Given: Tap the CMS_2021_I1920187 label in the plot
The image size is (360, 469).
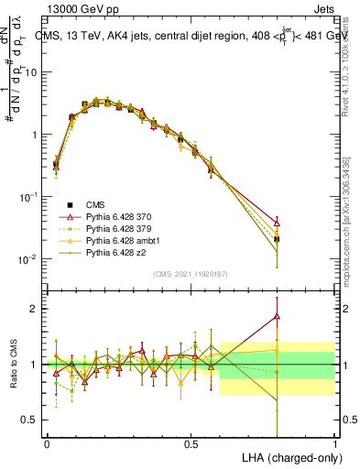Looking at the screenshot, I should (x=191, y=274).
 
